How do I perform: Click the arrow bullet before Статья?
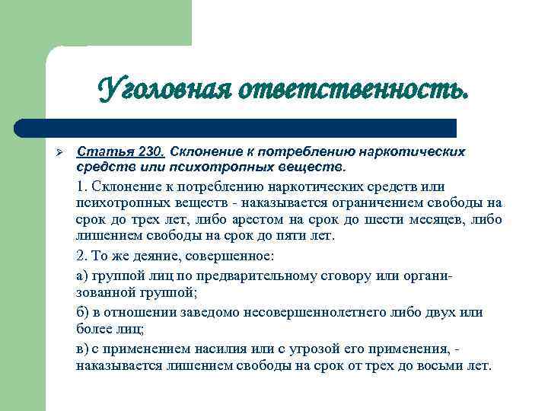(x=53, y=151)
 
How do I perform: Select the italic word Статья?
(x=103, y=151)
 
